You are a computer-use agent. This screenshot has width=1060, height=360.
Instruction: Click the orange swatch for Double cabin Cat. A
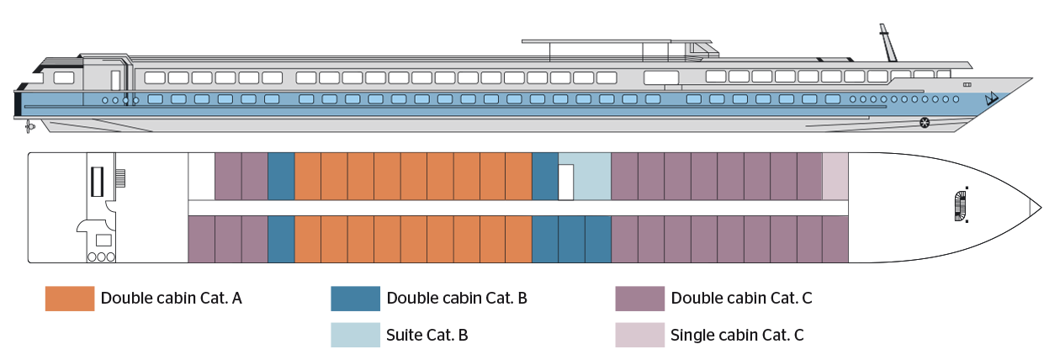pos(70,299)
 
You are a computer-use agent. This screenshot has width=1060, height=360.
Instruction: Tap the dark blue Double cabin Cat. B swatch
pos(356,299)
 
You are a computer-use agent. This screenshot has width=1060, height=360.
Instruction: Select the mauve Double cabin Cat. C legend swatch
pos(640,299)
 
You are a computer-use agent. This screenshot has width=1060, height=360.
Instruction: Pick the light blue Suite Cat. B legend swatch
pos(356,335)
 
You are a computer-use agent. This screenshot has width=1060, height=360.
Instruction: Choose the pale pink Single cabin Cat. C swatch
pos(640,335)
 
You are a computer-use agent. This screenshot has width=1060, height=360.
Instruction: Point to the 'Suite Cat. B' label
pos(427,335)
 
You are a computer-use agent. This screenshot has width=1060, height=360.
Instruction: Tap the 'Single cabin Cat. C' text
pos(737,335)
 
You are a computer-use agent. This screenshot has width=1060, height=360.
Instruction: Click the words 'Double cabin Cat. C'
pos(741,299)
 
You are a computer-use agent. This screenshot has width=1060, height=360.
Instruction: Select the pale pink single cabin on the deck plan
pos(835,177)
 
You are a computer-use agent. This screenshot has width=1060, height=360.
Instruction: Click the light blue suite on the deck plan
pos(591,177)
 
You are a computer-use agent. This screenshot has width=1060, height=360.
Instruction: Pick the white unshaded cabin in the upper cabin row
pos(201,177)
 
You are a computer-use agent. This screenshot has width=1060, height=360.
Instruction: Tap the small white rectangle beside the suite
pos(566,182)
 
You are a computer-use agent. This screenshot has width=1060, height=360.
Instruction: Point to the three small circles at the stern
pos(101,257)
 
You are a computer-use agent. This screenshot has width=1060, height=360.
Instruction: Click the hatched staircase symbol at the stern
pos(120,178)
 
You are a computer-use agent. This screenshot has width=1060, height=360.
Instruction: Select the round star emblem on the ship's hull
pos(925,124)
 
